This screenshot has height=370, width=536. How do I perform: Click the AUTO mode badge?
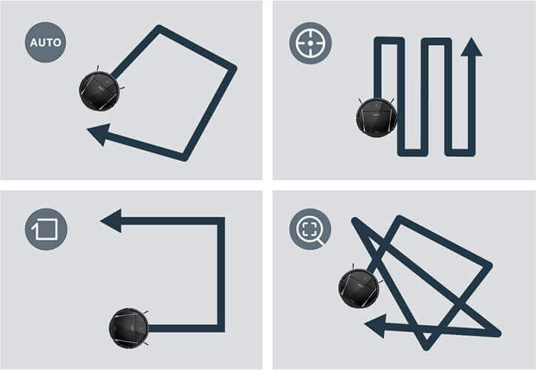click(45, 42)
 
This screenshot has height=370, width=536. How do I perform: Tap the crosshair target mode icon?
click(310, 43)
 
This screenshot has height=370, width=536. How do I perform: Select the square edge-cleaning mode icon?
click(46, 229)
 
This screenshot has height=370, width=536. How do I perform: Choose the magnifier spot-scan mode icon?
click(310, 229)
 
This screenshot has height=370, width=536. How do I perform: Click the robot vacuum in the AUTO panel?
click(99, 90)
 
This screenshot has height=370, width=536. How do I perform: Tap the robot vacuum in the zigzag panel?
click(376, 117)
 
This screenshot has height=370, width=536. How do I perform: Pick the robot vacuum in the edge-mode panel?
click(129, 328)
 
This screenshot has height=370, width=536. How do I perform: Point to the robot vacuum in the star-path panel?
click(359, 289)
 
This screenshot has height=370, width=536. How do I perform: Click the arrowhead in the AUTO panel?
click(99, 134)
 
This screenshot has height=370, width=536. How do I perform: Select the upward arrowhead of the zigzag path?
click(472, 47)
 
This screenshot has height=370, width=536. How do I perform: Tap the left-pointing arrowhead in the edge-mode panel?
click(111, 221)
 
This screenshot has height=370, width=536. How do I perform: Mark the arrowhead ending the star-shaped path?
click(375, 326)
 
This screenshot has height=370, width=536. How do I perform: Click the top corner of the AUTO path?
click(158, 27)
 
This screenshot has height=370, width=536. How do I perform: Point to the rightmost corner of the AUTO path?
click(234, 68)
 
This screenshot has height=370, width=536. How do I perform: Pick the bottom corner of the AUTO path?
click(184, 158)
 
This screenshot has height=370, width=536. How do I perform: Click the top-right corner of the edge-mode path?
click(221, 221)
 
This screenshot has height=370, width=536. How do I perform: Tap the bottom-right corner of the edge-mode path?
click(221, 329)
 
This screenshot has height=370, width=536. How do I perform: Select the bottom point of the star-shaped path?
click(426, 348)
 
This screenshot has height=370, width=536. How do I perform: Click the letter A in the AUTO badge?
click(34, 43)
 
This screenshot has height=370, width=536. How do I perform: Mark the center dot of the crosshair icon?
click(310, 43)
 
